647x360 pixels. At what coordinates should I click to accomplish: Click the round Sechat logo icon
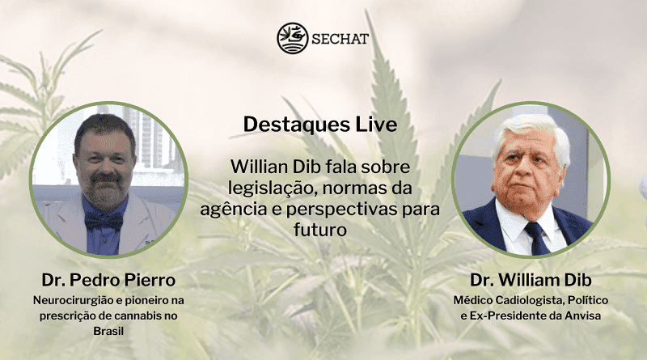point(292,37)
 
